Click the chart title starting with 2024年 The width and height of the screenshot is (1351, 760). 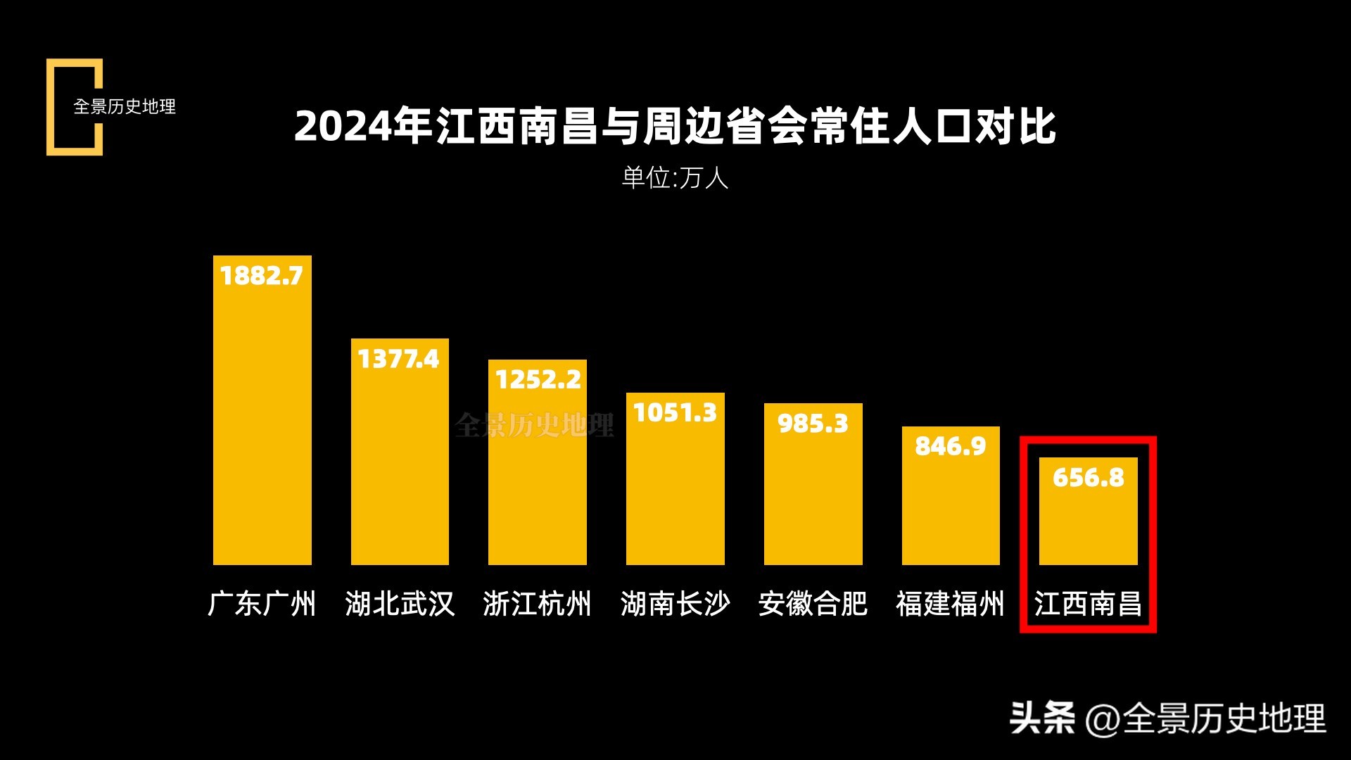pyautogui.click(x=675, y=127)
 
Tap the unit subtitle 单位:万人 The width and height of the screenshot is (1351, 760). pyautogui.click(x=675, y=177)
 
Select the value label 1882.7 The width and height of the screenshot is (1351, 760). pyautogui.click(x=262, y=276)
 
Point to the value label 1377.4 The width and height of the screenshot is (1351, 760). pyautogui.click(x=399, y=359)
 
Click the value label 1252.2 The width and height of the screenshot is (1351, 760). pyautogui.click(x=538, y=380)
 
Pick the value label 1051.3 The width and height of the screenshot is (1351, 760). pyautogui.click(x=675, y=412)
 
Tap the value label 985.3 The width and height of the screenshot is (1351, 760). pyautogui.click(x=813, y=424)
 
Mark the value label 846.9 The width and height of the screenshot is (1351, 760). pyautogui.click(x=951, y=446)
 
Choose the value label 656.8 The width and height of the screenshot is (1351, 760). pyautogui.click(x=1089, y=478)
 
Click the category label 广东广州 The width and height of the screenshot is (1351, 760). pyautogui.click(x=262, y=604)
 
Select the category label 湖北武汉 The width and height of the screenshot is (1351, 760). pyautogui.click(x=400, y=604)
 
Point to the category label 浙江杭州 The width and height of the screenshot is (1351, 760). pyautogui.click(x=538, y=604)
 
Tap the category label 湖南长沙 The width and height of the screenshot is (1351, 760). pyautogui.click(x=675, y=604)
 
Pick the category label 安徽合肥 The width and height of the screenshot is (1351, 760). pyautogui.click(x=813, y=604)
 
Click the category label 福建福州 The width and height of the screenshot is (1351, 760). pyautogui.click(x=951, y=604)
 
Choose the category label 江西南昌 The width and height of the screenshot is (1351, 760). pyautogui.click(x=1089, y=604)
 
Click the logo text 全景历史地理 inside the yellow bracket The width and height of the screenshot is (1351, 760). pyautogui.click(x=125, y=107)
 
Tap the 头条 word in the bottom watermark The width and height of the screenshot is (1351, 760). pyautogui.click(x=1042, y=718)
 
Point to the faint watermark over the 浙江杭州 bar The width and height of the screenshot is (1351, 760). pyautogui.click(x=534, y=425)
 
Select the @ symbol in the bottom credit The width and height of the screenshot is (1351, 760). pyautogui.click(x=1103, y=720)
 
